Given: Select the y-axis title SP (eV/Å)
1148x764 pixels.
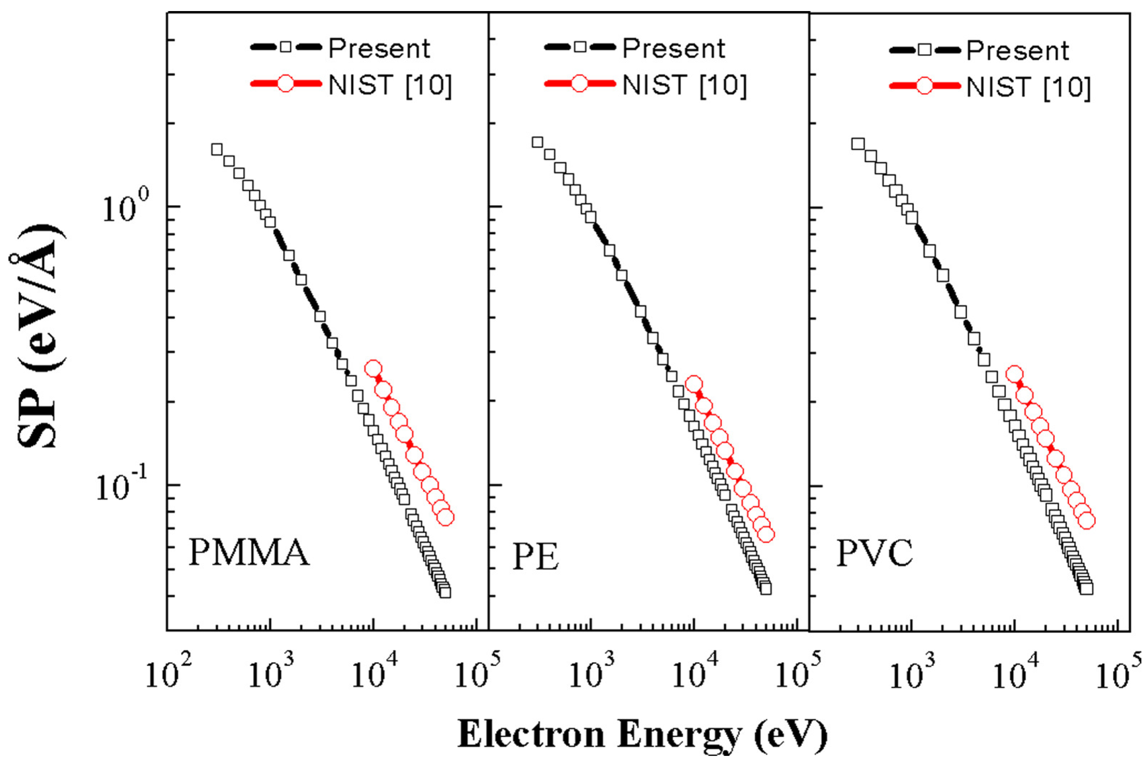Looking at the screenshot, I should pos(38,336).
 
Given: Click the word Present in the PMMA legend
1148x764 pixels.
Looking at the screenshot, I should pos(379,48).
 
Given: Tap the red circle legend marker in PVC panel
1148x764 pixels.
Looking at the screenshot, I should pos(924,87).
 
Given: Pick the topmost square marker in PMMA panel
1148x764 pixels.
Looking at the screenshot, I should pos(217,149).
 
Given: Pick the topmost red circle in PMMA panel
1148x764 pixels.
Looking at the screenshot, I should pos(373,368).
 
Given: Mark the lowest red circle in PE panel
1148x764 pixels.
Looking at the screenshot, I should pos(766,534).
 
